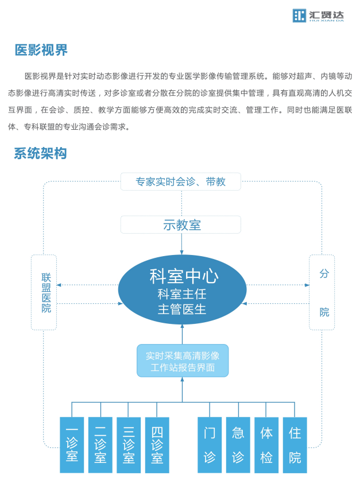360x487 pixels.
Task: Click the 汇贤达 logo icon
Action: pos(299,16)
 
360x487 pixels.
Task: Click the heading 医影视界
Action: pos(41,50)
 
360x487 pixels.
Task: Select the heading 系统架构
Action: pos(41,153)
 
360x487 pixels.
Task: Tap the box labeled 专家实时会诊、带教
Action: pos(180,181)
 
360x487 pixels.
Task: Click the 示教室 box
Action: pos(180,225)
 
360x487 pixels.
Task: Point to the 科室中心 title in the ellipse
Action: pos(184,276)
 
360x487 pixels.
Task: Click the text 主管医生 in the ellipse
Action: pos(182,310)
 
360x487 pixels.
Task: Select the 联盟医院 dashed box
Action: pos(44,292)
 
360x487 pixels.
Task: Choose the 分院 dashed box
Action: pos(322,292)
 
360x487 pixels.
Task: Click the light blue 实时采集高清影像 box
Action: pos(183,361)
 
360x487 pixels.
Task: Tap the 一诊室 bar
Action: pos(72,445)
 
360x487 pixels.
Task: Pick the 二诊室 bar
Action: pos(100,445)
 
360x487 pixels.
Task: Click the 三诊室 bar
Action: pos(129,445)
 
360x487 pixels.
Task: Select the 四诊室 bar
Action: pos(157,445)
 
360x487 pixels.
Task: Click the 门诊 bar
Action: pos(210,445)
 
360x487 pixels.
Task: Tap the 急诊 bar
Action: pos(238,445)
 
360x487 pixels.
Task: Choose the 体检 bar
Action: pos(266,445)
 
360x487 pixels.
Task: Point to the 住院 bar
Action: pos(295,445)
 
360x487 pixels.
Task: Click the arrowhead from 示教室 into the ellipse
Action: pos(181,252)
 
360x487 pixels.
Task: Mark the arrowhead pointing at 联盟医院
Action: pos(59,285)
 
